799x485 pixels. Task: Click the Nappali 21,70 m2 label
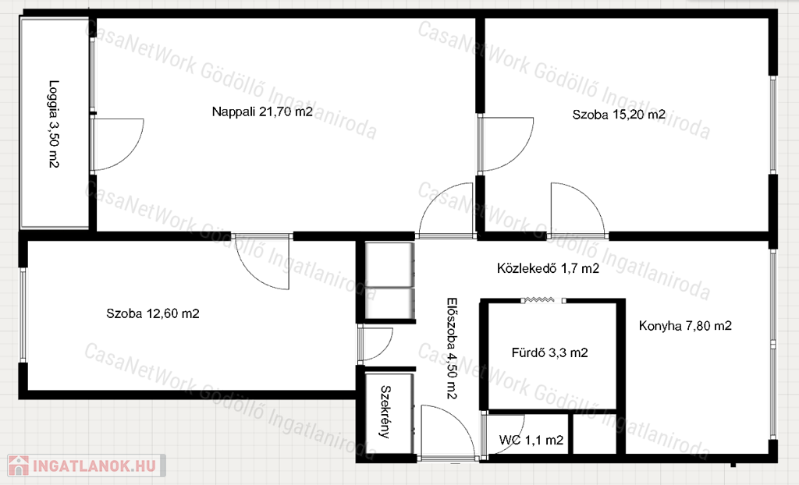point(262,112)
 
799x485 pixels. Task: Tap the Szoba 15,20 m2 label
point(619,114)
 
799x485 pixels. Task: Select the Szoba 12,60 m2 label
point(153,313)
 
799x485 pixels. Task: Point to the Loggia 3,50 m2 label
point(54,124)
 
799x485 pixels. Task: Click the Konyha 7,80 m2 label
point(685,325)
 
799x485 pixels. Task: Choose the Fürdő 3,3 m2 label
point(550,352)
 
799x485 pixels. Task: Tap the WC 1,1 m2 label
point(531,440)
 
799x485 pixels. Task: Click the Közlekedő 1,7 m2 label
point(548,268)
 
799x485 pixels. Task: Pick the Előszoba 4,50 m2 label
point(452,349)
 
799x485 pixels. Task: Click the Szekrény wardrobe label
point(385,412)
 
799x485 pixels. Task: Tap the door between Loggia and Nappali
point(117,144)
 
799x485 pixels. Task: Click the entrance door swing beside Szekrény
point(447,431)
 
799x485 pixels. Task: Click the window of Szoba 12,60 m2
point(23,314)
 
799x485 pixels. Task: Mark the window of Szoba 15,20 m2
point(773,126)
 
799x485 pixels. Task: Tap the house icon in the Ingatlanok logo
point(19,466)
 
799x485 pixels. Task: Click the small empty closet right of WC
point(594,433)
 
